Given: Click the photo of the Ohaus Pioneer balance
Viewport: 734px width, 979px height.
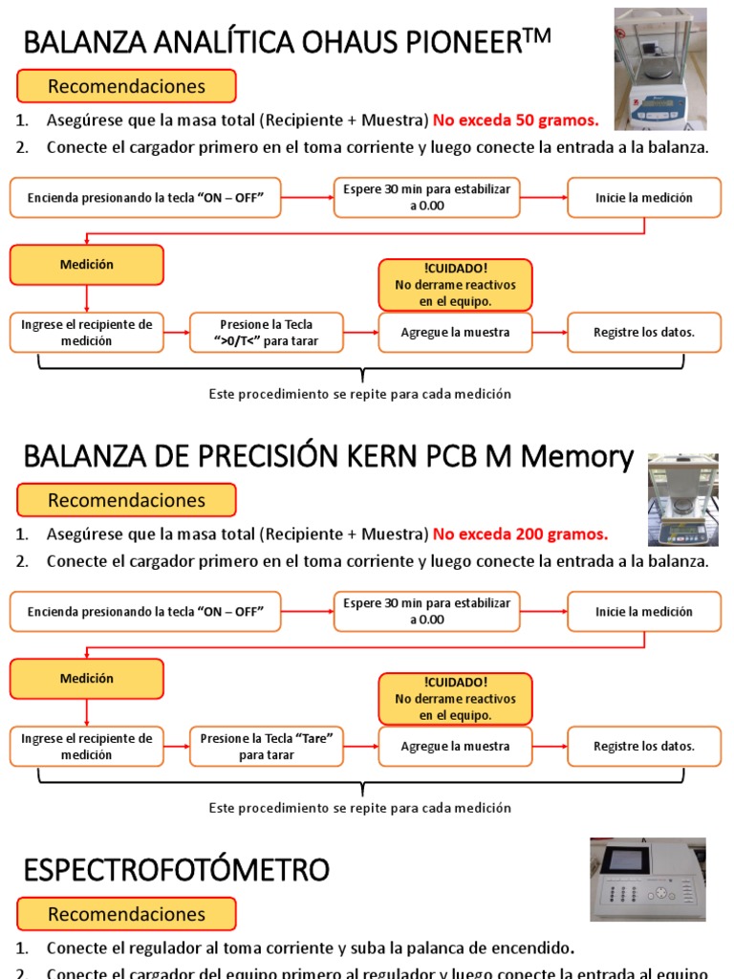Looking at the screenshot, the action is (x=659, y=69).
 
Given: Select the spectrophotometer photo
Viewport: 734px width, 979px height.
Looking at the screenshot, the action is (x=647, y=880).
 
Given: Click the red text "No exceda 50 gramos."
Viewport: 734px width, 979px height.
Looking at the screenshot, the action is (x=516, y=120).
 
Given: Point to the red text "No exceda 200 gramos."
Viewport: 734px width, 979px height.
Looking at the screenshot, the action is (x=520, y=533).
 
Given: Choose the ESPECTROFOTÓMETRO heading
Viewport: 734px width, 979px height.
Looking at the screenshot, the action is (x=176, y=870).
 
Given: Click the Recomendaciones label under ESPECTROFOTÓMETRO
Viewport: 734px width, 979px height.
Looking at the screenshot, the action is (x=126, y=914).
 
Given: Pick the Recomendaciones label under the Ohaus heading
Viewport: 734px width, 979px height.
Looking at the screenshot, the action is (x=126, y=87).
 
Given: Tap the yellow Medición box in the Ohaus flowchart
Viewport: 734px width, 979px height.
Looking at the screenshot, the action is (x=87, y=265).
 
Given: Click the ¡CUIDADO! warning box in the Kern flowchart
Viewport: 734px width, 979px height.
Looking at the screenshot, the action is (x=455, y=698).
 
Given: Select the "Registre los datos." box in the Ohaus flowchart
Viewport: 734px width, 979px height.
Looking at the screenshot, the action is (x=644, y=333).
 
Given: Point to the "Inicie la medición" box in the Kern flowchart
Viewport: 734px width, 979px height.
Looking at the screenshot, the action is (x=644, y=612).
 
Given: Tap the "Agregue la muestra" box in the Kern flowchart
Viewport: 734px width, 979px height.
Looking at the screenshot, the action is (x=455, y=746).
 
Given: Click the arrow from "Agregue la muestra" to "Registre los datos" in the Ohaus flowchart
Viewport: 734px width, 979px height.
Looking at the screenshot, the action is (x=550, y=333).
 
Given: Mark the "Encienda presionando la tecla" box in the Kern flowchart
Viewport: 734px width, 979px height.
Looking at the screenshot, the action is (x=145, y=612).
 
